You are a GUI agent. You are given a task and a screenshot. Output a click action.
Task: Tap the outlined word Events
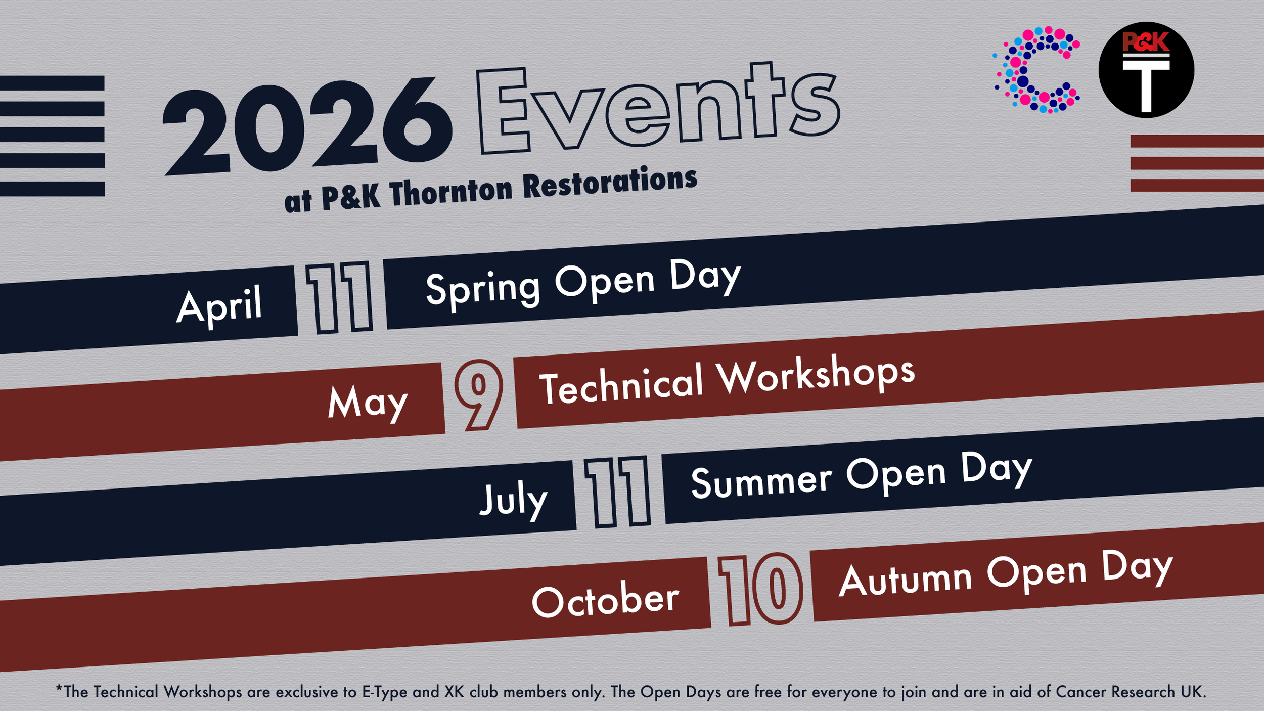pos(657,109)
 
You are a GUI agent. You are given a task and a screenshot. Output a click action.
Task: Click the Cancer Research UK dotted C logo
pos(1036,70)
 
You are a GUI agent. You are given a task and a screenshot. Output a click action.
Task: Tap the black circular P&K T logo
pos(1146,70)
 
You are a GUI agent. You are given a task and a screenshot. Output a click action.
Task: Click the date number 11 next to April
pos(339,298)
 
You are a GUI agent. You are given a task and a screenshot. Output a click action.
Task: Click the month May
pos(368,402)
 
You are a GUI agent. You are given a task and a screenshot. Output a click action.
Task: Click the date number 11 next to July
pos(617,492)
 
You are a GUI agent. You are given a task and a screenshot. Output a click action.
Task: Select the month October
pos(605,601)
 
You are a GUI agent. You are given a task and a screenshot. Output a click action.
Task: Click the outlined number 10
pos(760,589)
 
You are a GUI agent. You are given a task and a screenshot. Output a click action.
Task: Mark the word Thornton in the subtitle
pos(451,192)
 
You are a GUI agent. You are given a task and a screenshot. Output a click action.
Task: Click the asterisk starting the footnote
pos(59,689)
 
